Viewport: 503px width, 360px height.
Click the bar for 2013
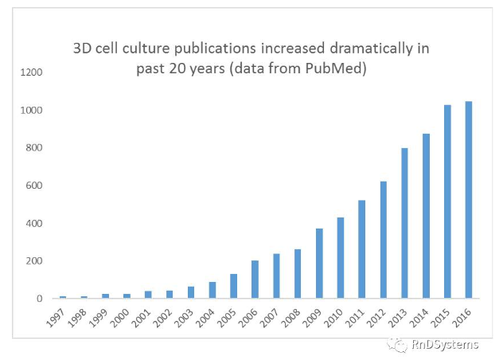pos(405,223)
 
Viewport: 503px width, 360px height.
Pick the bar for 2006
pos(255,280)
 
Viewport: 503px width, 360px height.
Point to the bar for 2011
pos(362,249)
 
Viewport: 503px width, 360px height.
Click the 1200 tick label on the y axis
pos(32,72)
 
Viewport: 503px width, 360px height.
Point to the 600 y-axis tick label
pos(34,186)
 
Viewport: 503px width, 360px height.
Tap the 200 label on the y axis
pos(34,261)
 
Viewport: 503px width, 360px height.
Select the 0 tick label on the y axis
pos(39,299)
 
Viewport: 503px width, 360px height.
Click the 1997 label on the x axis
pos(57,315)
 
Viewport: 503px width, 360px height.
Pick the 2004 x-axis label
pos(208,315)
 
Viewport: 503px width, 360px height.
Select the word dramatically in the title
pos(371,48)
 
